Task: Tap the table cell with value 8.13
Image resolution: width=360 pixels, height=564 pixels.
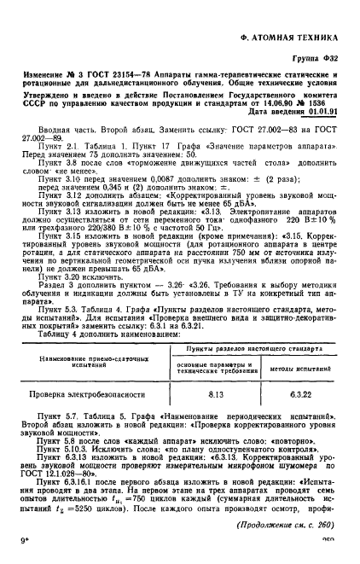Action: click(x=215, y=373)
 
